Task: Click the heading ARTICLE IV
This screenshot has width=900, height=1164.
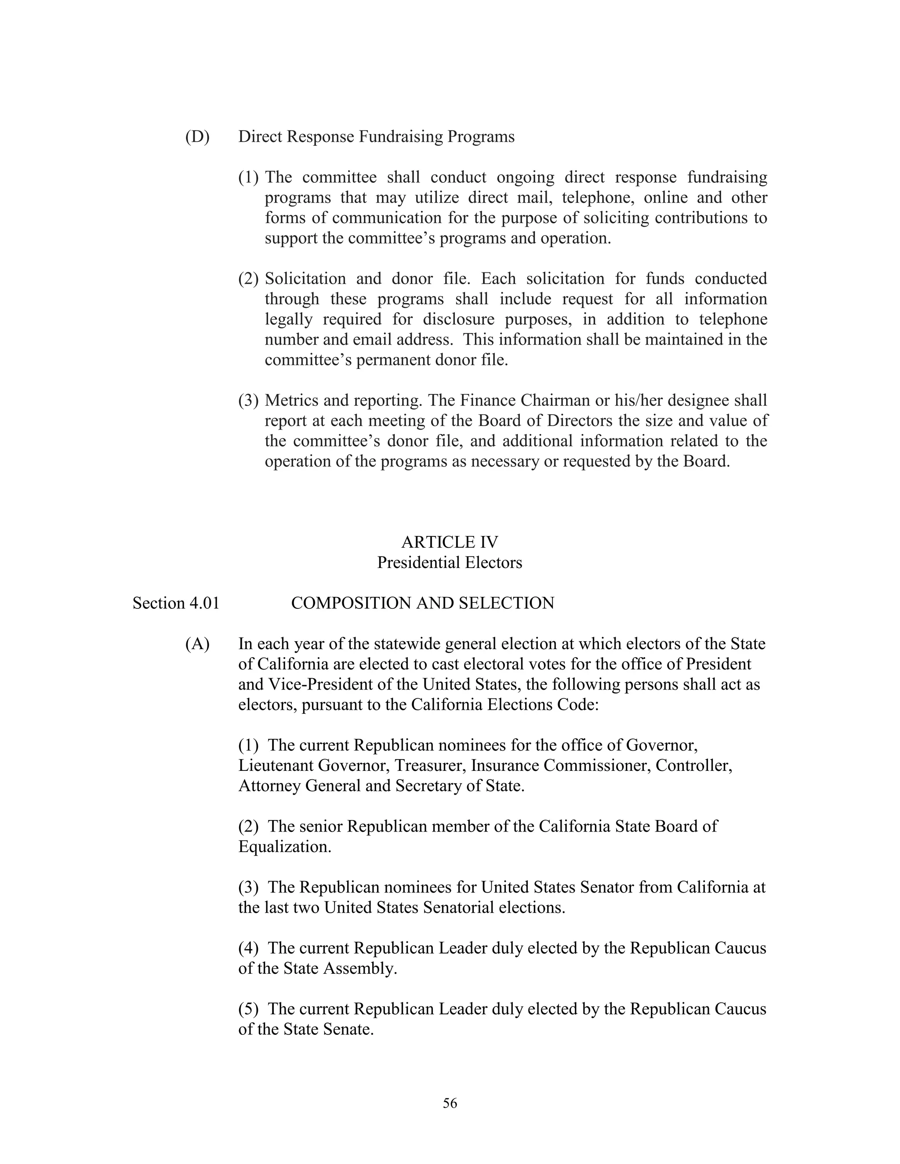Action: pos(450,542)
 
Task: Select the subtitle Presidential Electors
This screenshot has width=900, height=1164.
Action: pos(450,562)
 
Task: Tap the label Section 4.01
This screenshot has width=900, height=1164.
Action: pos(176,603)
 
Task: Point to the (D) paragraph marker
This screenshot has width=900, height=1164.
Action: pos(197,137)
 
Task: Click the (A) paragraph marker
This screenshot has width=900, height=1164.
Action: pos(197,644)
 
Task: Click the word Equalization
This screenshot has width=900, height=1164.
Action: pos(284,846)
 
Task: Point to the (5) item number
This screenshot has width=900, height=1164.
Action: pos(248,1009)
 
